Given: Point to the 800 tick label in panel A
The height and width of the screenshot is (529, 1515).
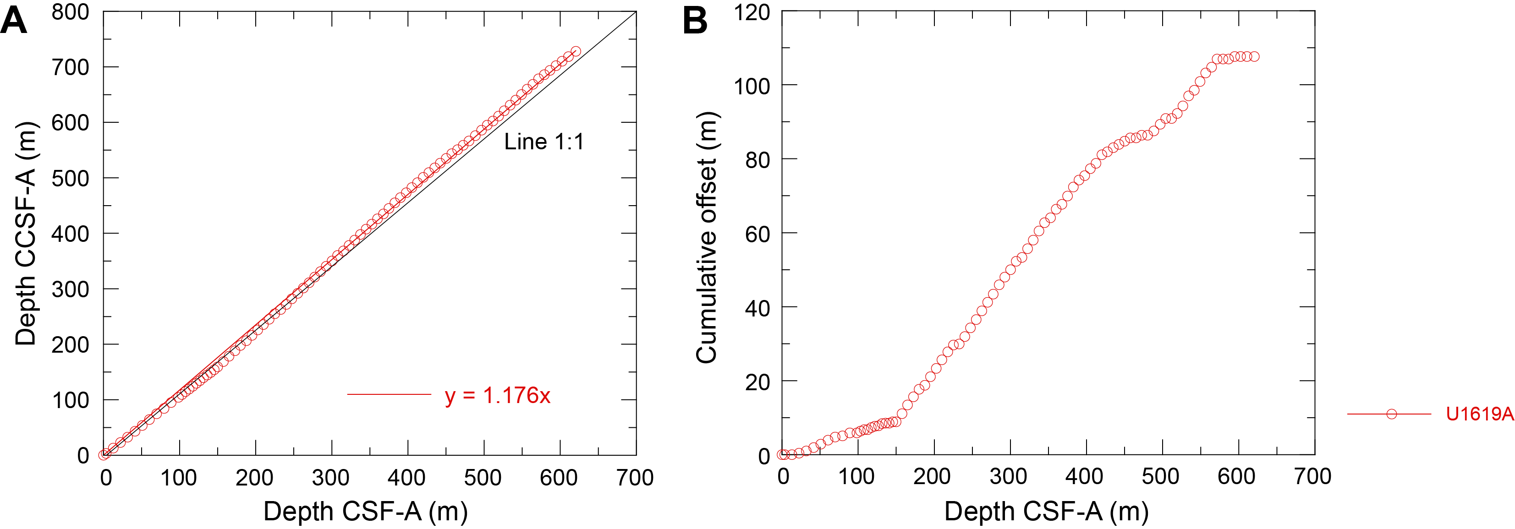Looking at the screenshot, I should (70, 12).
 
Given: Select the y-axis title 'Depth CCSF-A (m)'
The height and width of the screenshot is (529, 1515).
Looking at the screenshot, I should (26, 233).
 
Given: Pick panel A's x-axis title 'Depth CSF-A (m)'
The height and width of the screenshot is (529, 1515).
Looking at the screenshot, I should (365, 511).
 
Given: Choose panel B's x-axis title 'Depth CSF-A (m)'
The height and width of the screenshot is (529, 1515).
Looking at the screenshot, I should (1046, 511).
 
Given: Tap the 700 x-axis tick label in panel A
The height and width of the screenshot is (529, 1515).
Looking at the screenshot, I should (635, 477).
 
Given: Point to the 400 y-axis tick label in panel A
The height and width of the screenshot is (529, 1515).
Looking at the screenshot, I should (70, 234).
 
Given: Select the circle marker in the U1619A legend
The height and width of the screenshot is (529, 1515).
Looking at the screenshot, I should (1391, 414).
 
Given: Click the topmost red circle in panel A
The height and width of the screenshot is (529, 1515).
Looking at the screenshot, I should (576, 52).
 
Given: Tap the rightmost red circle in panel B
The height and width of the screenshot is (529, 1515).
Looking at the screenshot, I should (1254, 57).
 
